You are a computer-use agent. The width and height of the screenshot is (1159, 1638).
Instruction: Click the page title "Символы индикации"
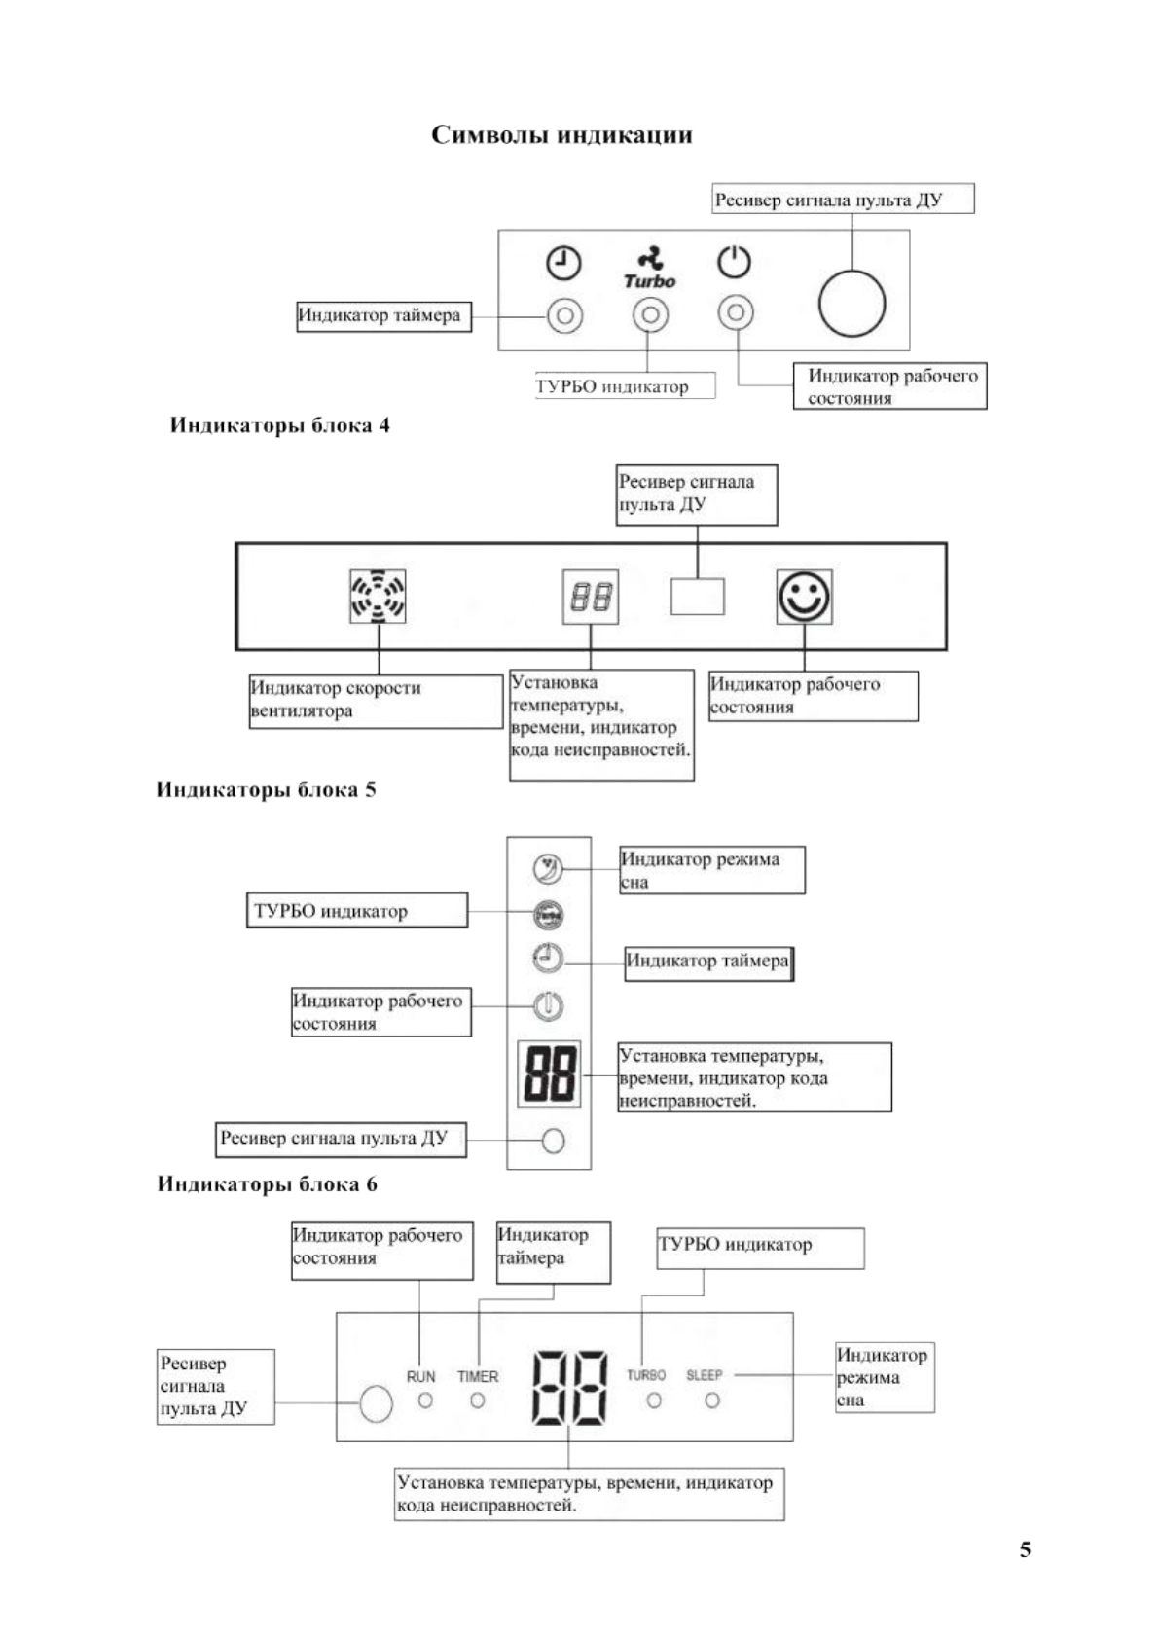pyautogui.click(x=561, y=134)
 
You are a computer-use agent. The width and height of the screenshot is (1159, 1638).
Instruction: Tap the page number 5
pyautogui.click(x=1025, y=1549)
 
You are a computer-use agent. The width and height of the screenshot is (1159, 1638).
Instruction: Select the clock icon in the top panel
pyautogui.click(x=563, y=263)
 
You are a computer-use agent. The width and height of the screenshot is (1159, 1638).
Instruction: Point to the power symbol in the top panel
pyautogui.click(x=735, y=262)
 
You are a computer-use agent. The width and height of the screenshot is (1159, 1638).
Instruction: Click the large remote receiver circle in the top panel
pyautogui.click(x=852, y=304)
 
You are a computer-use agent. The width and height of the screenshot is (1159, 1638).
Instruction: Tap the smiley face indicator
pyautogui.click(x=804, y=597)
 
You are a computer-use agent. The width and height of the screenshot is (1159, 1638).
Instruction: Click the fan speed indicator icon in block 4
pyautogui.click(x=378, y=597)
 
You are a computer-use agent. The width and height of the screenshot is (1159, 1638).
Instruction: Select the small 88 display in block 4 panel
pyautogui.click(x=591, y=597)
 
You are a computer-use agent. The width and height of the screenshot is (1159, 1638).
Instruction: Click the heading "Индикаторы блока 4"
pyautogui.click(x=280, y=425)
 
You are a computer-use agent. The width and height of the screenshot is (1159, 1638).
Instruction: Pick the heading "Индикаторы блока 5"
pyautogui.click(x=266, y=789)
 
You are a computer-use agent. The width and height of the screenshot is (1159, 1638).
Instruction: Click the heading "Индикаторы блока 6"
pyautogui.click(x=267, y=1184)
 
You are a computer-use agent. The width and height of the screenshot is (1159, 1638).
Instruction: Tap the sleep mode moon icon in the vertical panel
pyautogui.click(x=549, y=868)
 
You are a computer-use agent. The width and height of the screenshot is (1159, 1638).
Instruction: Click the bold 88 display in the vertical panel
pyautogui.click(x=549, y=1074)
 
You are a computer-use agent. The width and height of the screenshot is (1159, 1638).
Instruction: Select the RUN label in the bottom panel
pyautogui.click(x=420, y=1376)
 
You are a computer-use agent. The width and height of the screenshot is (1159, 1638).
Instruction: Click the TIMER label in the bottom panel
pyautogui.click(x=478, y=1376)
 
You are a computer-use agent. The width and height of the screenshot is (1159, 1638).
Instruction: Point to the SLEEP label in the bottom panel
pyautogui.click(x=705, y=1375)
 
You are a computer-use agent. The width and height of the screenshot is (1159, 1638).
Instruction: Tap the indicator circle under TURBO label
pyautogui.click(x=654, y=1401)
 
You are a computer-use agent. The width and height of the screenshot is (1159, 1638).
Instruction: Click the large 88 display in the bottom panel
pyautogui.click(x=569, y=1387)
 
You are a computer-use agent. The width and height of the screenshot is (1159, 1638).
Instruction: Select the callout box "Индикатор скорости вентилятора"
pyautogui.click(x=376, y=700)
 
